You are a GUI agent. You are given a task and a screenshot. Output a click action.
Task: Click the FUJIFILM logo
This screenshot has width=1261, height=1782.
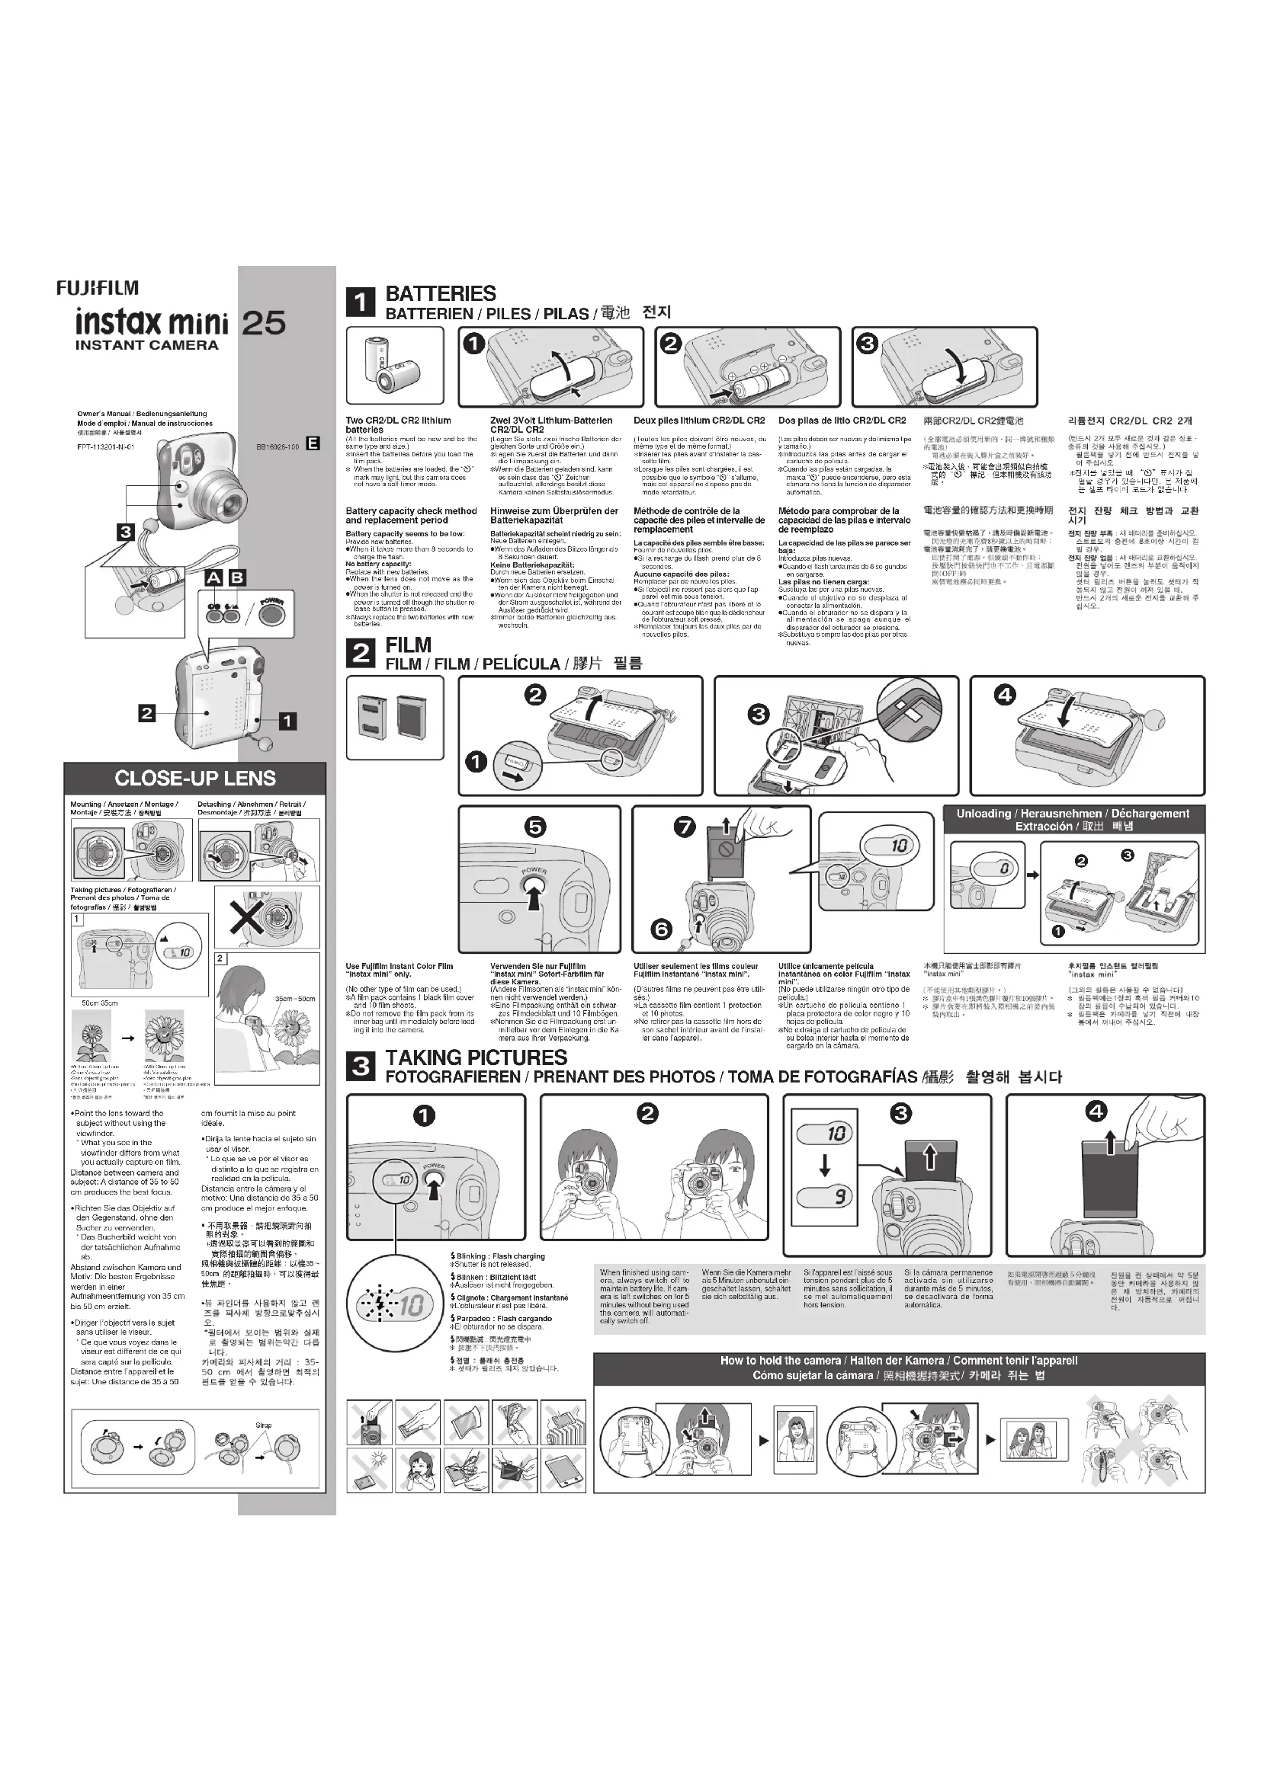(97, 288)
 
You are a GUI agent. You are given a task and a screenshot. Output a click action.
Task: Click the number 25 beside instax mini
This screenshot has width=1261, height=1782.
(264, 323)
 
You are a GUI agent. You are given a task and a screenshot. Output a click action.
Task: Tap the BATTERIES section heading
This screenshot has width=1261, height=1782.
(440, 293)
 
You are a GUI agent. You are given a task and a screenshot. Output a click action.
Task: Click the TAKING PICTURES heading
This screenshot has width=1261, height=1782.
(476, 1057)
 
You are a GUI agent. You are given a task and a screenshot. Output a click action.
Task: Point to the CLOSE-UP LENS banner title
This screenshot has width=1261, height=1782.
(195, 778)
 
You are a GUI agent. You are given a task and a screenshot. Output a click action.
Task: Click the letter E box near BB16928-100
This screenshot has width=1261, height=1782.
(312, 444)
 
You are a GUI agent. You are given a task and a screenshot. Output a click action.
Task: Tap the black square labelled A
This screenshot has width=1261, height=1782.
(214, 577)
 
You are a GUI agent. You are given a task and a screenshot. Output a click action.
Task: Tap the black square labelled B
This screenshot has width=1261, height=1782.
(236, 577)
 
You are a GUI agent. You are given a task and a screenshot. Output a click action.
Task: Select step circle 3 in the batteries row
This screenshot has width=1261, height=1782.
(867, 344)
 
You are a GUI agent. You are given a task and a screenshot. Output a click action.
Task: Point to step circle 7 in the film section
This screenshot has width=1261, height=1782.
(684, 827)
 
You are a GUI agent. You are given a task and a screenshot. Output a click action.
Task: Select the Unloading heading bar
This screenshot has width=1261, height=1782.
(1073, 820)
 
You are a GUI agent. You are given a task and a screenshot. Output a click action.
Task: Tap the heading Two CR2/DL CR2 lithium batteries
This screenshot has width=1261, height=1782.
(398, 424)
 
